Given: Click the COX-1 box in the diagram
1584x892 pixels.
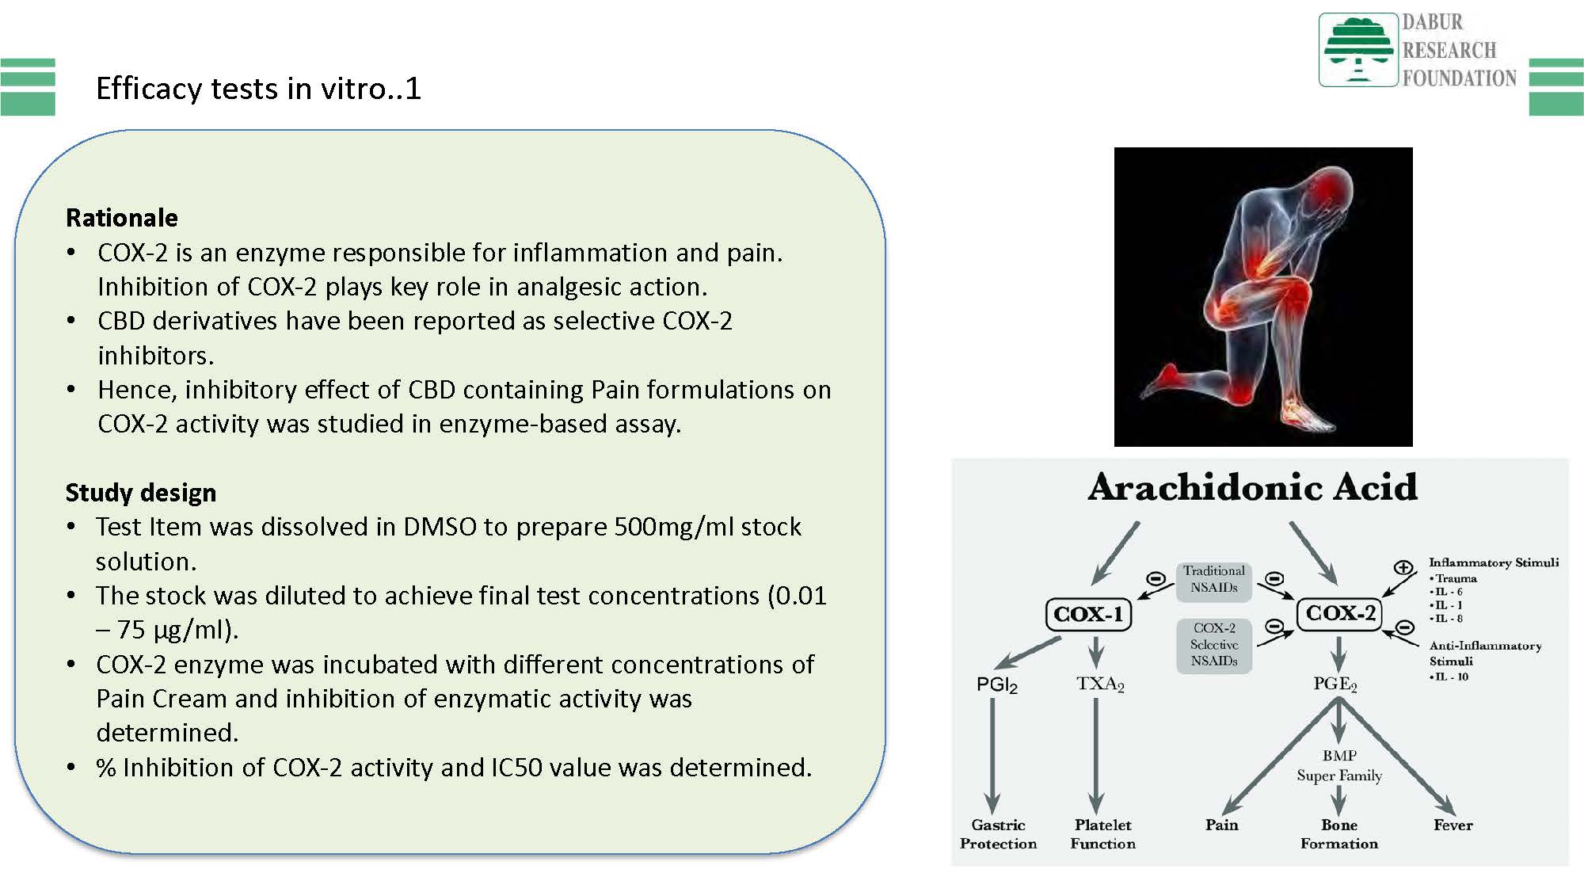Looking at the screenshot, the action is [1088, 614].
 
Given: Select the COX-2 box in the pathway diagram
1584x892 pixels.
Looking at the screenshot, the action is [1340, 613].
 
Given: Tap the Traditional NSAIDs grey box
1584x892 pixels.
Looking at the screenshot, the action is [1213, 579].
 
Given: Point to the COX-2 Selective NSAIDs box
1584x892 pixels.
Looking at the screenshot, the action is [1213, 645].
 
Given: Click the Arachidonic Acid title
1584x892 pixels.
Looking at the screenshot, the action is [1252, 487].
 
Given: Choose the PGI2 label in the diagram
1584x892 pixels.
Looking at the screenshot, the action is [996, 685].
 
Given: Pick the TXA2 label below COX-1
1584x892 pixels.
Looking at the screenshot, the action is [1100, 684].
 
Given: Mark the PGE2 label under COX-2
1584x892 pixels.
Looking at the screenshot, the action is [1335, 684].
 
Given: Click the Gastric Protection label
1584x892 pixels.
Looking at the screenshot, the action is [998, 834].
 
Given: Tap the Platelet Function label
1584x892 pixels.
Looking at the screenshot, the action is [1102, 834].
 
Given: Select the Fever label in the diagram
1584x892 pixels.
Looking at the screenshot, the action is [1453, 825].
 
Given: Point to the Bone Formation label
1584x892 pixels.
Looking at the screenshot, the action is [1339, 834].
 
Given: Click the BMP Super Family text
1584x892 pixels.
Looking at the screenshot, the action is [1339, 765].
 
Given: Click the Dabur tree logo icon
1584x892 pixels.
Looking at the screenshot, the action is [1357, 50].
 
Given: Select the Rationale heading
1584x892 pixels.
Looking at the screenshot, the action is [122, 218].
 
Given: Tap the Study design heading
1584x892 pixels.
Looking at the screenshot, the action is [141, 493].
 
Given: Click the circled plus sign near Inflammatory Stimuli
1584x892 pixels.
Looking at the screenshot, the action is [1403, 567].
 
